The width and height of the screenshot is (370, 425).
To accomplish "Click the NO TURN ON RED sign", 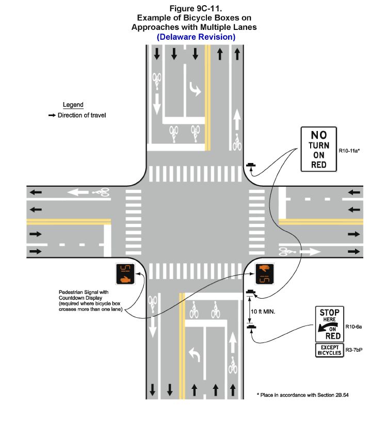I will (318, 149).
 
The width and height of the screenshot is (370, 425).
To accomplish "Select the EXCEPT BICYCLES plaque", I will (329, 350).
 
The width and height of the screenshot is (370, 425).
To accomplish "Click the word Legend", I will (73, 105).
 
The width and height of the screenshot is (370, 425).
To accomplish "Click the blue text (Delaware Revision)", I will (196, 37).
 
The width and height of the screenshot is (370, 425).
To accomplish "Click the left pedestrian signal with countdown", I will (125, 273).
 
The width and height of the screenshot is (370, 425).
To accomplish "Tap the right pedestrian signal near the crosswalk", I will (265, 273).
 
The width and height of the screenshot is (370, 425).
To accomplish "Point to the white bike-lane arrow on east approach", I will (309, 252).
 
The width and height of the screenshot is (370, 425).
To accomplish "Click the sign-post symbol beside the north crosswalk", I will (251, 166).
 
